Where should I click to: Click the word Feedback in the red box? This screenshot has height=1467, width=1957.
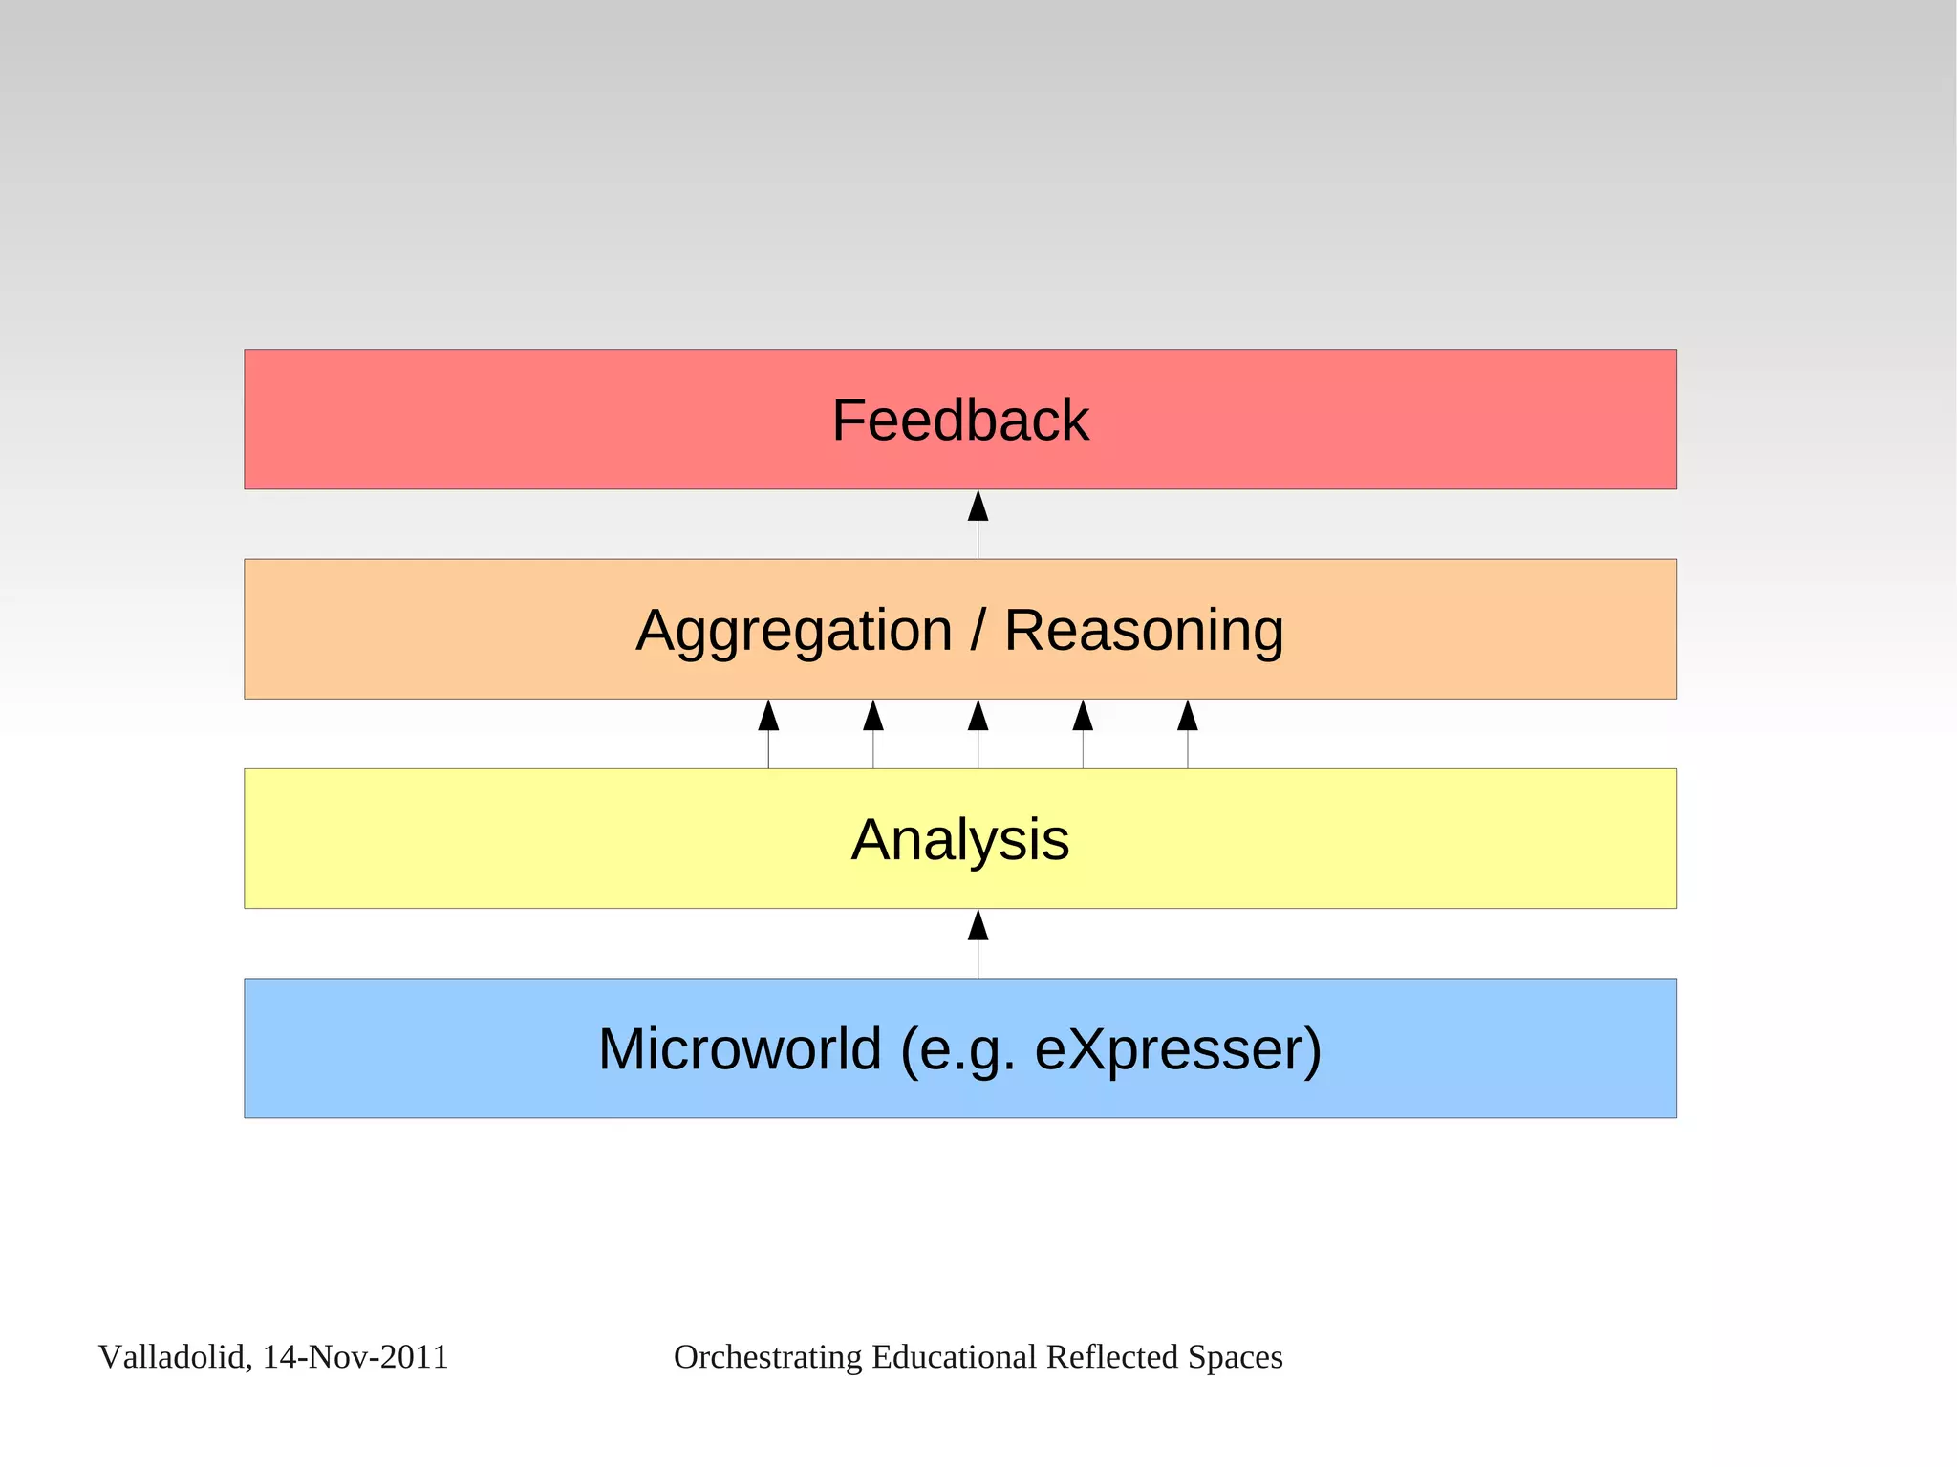[x=959, y=421]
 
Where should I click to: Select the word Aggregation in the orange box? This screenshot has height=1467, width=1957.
[x=794, y=631]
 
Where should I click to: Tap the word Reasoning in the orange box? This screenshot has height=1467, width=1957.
[x=1143, y=631]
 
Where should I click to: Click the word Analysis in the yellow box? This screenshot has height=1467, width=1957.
[x=959, y=840]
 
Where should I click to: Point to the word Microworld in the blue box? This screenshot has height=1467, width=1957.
[x=740, y=1049]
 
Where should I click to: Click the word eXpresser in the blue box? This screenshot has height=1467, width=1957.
[x=1177, y=1049]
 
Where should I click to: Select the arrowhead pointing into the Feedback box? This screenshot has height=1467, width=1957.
[x=978, y=507]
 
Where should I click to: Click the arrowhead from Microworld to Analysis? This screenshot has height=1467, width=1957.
[x=978, y=926]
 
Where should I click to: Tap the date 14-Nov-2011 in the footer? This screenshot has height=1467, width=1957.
[x=355, y=1357]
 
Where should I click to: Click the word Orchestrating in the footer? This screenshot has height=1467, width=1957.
[x=767, y=1357]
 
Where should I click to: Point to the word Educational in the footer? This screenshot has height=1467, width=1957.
[x=954, y=1357]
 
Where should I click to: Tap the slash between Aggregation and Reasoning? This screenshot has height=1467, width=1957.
[x=978, y=631]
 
